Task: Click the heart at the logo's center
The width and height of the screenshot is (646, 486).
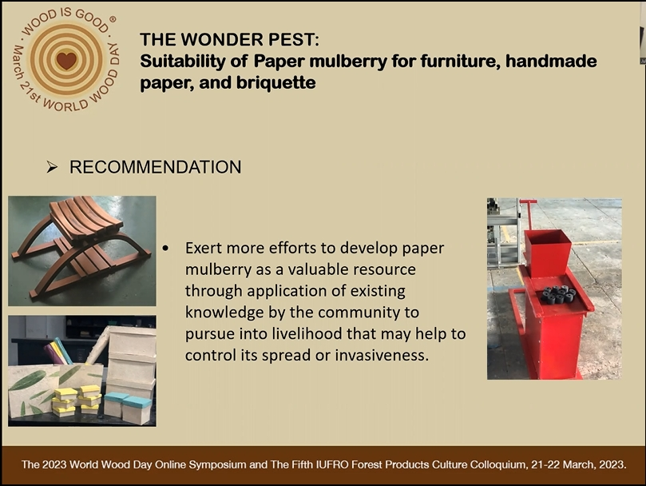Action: [x=66, y=61]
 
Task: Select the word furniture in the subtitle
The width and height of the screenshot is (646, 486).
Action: [x=460, y=61]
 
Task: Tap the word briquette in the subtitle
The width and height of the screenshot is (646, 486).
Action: [x=276, y=82]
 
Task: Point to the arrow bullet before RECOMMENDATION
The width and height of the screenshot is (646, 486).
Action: [x=52, y=167]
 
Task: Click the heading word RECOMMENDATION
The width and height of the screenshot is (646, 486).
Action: [x=156, y=167]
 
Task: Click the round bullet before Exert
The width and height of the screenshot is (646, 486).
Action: [x=165, y=249]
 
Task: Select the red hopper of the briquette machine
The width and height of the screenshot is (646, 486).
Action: [x=548, y=253]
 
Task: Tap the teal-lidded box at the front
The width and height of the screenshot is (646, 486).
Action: [x=137, y=410]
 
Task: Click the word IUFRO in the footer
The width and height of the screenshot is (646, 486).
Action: [x=330, y=464]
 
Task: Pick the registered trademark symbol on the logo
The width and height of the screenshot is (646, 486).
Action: [x=113, y=19]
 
